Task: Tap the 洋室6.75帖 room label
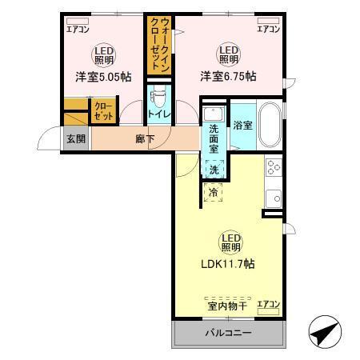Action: click(x=228, y=77)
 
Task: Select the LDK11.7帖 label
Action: click(x=227, y=263)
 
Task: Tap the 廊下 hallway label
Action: click(x=145, y=138)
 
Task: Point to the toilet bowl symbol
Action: click(x=158, y=96)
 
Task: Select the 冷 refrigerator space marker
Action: click(x=214, y=192)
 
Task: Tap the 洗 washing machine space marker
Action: click(x=214, y=169)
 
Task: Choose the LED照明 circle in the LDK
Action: click(x=227, y=241)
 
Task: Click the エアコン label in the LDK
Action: click(x=268, y=305)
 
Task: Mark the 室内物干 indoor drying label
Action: click(x=224, y=305)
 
